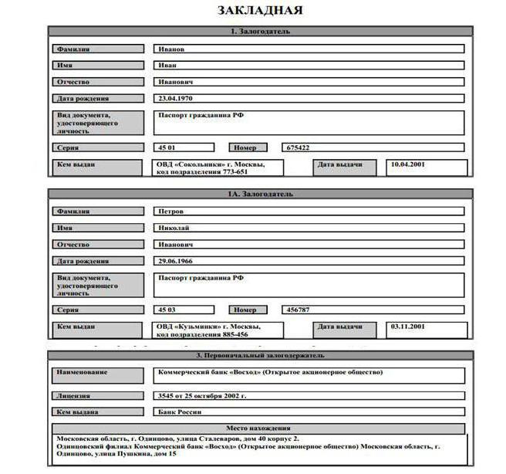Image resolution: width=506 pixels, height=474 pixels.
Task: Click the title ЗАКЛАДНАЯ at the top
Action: click(259, 11)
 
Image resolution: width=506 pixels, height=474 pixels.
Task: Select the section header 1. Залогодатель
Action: click(260, 32)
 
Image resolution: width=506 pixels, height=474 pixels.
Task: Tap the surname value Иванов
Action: click(171, 49)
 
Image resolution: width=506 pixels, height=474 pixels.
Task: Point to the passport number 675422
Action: click(299, 147)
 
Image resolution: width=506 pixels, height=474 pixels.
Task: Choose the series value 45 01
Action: click(167, 147)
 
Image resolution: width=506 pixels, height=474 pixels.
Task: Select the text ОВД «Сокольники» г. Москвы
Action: click(211, 164)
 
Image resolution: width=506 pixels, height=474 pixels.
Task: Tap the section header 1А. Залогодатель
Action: click(260, 194)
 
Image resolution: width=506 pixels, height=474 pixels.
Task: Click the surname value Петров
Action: click(171, 211)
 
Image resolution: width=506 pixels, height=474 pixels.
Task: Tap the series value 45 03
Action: click(167, 310)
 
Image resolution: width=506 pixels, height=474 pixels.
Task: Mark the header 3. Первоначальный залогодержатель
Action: click(260, 356)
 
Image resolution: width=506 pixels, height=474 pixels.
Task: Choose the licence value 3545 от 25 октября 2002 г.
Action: click(202, 395)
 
